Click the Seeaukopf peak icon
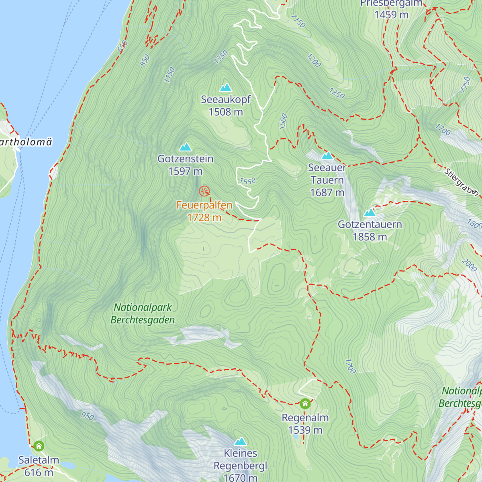pos(226,88)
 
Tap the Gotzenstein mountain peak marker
pos(185,147)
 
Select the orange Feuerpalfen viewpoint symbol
pos(204,191)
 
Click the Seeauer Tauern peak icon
pos(327,156)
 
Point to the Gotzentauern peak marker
pos(370,212)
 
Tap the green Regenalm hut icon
pos(305,403)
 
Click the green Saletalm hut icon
pos(39,446)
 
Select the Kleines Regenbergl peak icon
pos(240,441)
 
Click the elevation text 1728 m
pos(204,218)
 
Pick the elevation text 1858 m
pos(370,237)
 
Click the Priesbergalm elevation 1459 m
pos(391,15)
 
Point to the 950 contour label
pos(88,416)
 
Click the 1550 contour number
pos(247,181)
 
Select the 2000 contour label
pos(469,265)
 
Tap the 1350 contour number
pos(221,57)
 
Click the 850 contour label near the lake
pos(145,60)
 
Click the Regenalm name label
pos(305,418)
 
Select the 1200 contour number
pos(314,60)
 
